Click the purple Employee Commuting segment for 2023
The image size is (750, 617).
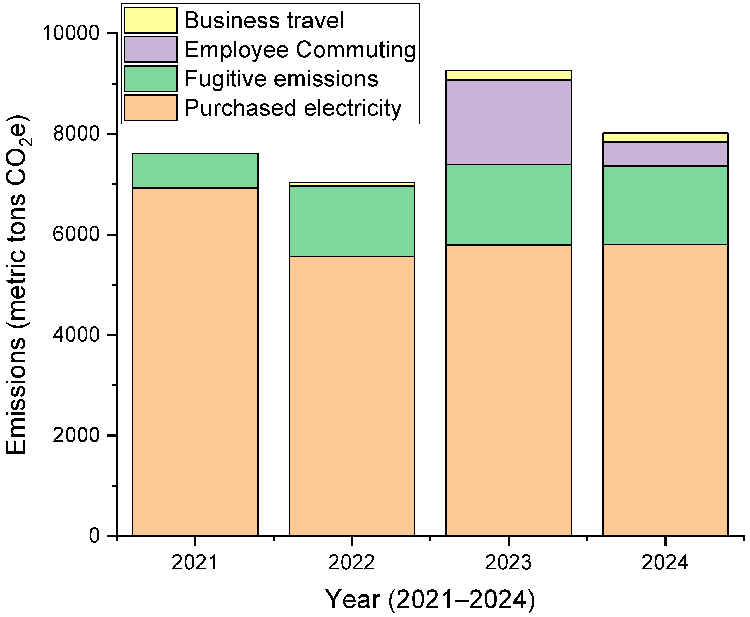508,122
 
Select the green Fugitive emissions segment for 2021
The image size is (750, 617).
195,171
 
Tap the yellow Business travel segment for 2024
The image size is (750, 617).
665,137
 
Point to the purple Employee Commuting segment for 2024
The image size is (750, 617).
665,154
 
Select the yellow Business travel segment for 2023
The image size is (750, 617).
508,75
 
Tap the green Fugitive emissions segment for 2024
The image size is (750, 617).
665,205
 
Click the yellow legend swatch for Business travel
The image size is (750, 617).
151,20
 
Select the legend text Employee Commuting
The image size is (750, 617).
300,49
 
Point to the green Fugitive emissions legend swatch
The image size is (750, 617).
151,78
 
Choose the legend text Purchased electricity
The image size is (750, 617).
292,108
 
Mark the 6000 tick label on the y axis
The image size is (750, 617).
75,234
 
